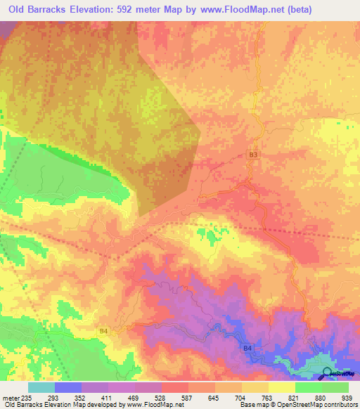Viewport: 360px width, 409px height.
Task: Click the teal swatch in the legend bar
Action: point(41,387)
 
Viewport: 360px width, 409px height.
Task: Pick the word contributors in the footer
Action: point(340,404)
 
